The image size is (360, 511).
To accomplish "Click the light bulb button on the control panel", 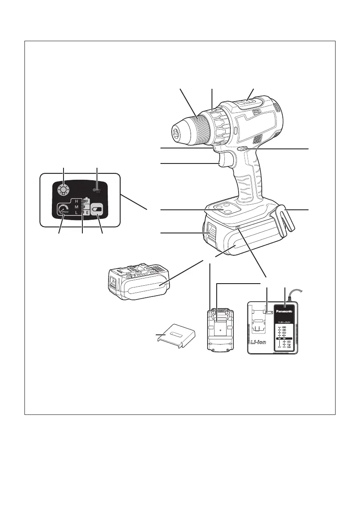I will click(64, 190).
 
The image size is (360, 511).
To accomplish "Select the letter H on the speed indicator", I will click(77, 201).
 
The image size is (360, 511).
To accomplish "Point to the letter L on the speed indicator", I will click(77, 213).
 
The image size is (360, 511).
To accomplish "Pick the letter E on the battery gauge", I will click(86, 213).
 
